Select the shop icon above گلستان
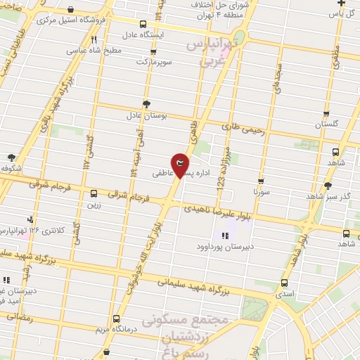(x=326, y=112)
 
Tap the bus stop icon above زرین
(x=94, y=193)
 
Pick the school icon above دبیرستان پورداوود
(x=225, y=236)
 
